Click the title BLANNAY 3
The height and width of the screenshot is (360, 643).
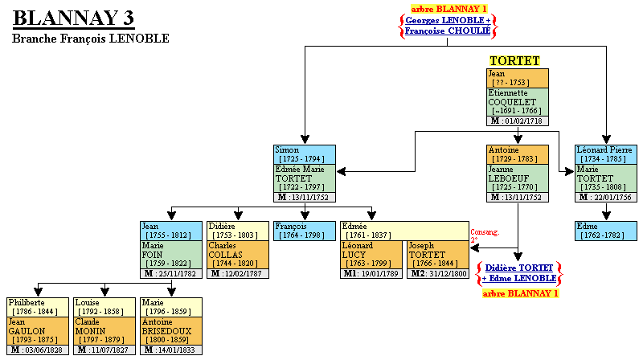pos(74,18)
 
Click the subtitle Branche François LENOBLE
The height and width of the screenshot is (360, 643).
pos(91,39)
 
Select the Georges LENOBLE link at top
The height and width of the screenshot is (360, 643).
pos(444,19)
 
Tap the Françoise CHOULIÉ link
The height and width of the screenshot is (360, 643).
pos(448,31)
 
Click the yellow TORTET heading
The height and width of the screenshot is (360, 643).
pos(514,60)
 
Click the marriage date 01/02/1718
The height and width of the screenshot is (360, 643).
pos(522,121)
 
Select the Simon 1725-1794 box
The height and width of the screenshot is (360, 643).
pos(305,154)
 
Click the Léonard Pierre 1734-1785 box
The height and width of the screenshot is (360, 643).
pos(606,154)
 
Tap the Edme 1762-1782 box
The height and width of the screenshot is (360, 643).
pos(606,231)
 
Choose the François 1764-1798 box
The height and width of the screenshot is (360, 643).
pos(305,231)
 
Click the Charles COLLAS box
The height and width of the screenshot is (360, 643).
pos(237,255)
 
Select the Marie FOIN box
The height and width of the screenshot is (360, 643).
pos(170,255)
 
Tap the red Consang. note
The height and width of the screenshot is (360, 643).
pos(485,233)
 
